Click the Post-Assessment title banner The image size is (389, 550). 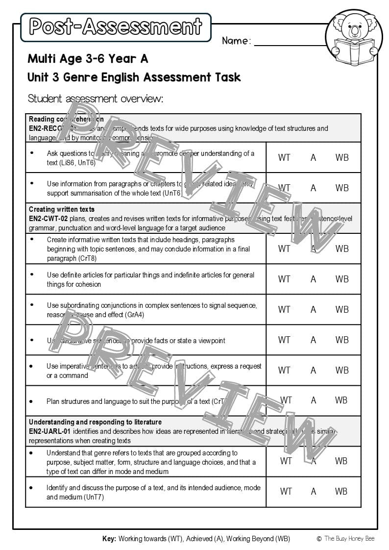click(116, 27)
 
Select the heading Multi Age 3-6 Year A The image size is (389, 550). click(88, 59)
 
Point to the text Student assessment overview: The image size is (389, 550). click(95, 99)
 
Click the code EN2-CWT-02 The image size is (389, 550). click(48, 219)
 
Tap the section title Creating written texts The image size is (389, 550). click(62, 210)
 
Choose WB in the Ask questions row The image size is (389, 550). click(342, 157)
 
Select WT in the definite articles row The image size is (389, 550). click(284, 279)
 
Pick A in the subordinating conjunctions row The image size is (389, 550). click(313, 309)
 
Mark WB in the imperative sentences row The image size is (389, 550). click(342, 370)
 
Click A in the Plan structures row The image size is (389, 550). click(313, 400)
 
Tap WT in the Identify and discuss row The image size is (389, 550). click(286, 491)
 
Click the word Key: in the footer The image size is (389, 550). click(109, 539)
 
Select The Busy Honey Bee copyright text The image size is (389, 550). click(348, 539)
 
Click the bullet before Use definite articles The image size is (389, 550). click(32, 274)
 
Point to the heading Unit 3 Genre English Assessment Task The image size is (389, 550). click(134, 77)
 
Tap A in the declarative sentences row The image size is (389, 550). click(313, 340)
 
